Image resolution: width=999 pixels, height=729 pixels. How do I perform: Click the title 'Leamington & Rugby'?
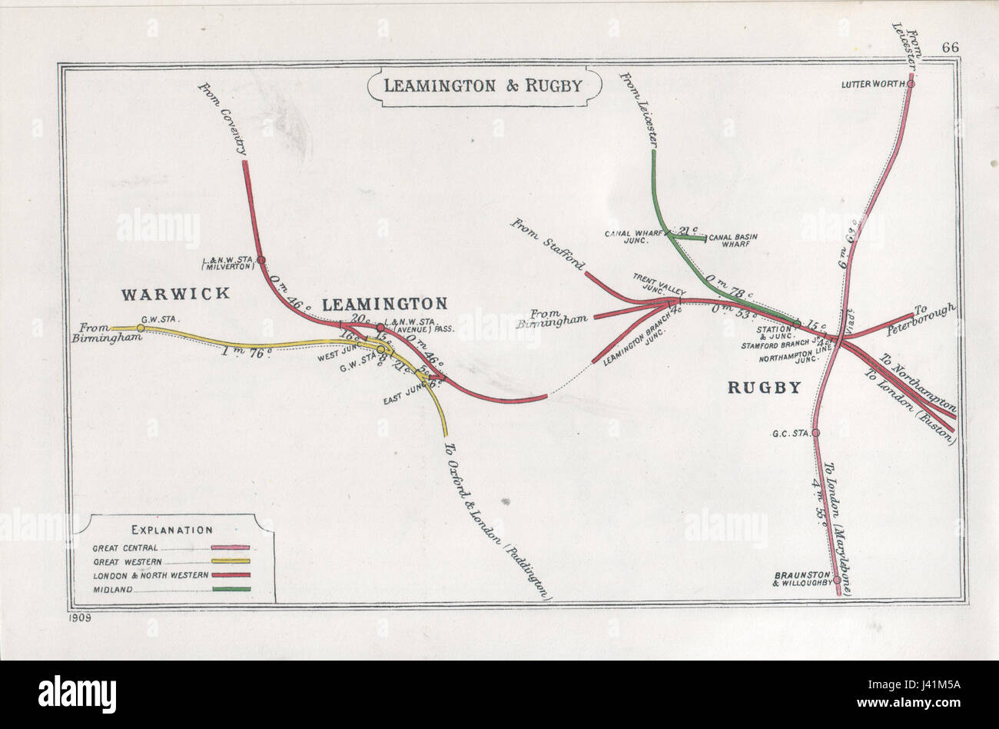pos(482,85)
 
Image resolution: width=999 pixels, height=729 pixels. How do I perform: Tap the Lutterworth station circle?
pos(911,84)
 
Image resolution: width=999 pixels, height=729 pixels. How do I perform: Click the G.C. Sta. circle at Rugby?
pos(816,433)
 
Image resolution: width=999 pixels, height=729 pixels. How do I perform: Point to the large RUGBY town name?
pos(764,388)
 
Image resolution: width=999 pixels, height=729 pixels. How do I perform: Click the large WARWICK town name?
pos(175,293)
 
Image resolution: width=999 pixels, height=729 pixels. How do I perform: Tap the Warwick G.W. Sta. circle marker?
pos(141,328)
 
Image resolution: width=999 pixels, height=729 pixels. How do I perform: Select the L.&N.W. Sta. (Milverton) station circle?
pos(261,260)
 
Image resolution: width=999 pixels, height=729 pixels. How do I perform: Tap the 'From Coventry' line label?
pos(223,120)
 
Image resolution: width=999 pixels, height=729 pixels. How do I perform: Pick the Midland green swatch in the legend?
pos(230,590)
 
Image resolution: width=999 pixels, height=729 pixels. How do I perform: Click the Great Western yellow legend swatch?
pos(230,561)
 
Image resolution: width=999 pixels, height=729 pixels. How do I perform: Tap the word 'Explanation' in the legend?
pos(171,530)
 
